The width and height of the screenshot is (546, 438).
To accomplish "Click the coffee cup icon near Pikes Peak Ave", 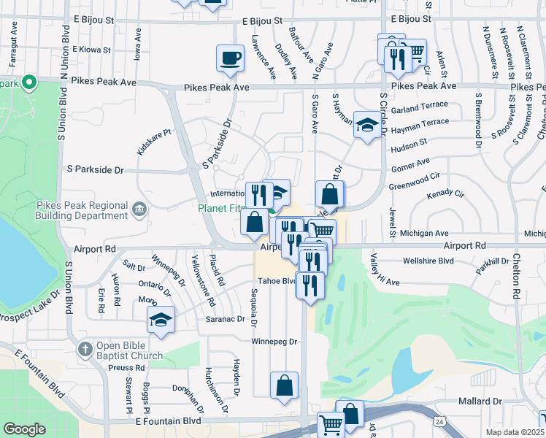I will point(230,58).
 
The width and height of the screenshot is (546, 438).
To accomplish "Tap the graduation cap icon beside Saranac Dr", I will point(161,320).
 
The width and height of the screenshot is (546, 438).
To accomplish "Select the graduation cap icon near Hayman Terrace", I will point(366,124).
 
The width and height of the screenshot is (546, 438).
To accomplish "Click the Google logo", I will point(24,429).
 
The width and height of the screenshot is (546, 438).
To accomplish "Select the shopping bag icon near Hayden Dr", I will point(284,385).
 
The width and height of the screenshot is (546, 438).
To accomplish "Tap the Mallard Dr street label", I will point(480,401).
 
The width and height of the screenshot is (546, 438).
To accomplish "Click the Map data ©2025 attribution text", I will point(515,433).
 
